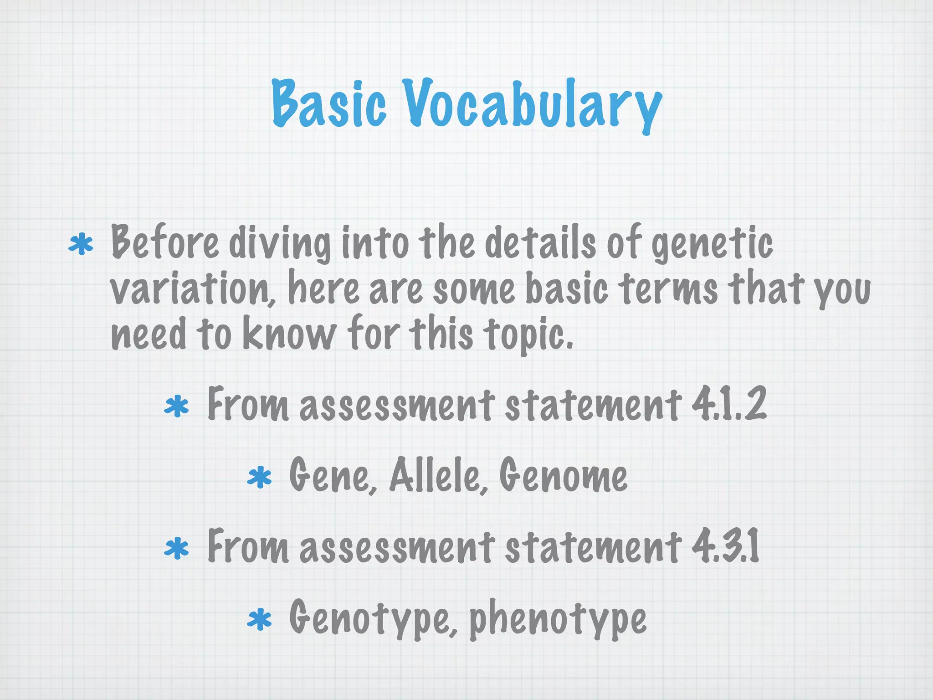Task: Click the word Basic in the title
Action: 329,103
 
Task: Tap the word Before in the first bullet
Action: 164,242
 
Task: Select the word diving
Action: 280,243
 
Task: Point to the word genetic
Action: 712,243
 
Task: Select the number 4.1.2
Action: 729,404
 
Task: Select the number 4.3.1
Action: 725,546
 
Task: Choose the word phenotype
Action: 558,618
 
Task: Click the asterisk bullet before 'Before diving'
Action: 81,245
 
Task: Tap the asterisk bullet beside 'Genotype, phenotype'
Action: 259,620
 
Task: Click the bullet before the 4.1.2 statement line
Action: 176,407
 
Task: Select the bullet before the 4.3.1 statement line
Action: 176,549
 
